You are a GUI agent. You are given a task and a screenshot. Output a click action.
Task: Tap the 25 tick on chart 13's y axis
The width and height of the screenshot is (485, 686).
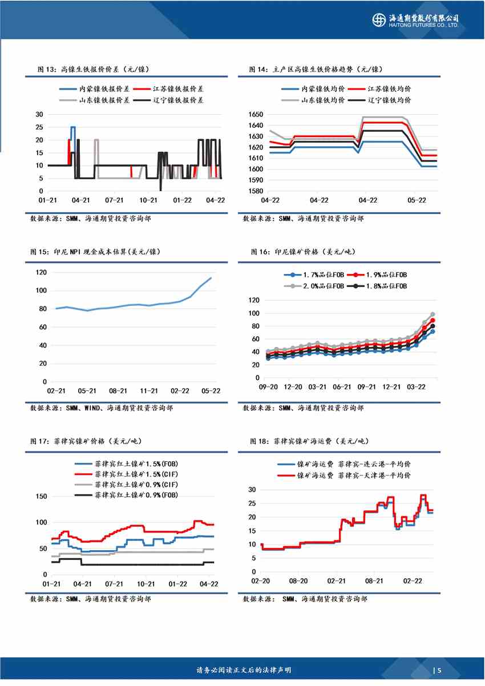(x=39, y=127)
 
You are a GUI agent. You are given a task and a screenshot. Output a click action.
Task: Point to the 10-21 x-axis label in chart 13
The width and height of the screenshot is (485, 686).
(x=149, y=200)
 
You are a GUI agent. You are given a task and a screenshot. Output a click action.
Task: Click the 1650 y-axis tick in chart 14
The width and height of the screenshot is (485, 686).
(x=255, y=115)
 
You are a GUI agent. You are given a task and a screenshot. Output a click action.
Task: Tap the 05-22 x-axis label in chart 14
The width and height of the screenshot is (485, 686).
(x=417, y=200)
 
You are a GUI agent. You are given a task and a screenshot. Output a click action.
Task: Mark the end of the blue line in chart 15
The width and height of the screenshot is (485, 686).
(x=211, y=278)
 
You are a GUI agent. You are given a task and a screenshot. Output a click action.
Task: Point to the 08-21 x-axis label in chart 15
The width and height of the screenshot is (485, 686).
(x=118, y=391)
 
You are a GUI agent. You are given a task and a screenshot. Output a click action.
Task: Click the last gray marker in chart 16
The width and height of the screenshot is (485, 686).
(x=433, y=314)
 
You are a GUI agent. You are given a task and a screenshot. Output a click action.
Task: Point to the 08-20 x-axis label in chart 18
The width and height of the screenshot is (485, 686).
(x=298, y=581)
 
